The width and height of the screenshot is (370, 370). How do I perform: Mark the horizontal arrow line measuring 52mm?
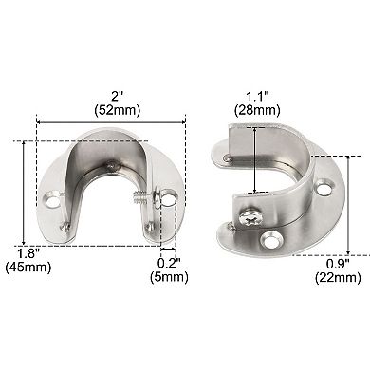click(111, 120)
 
